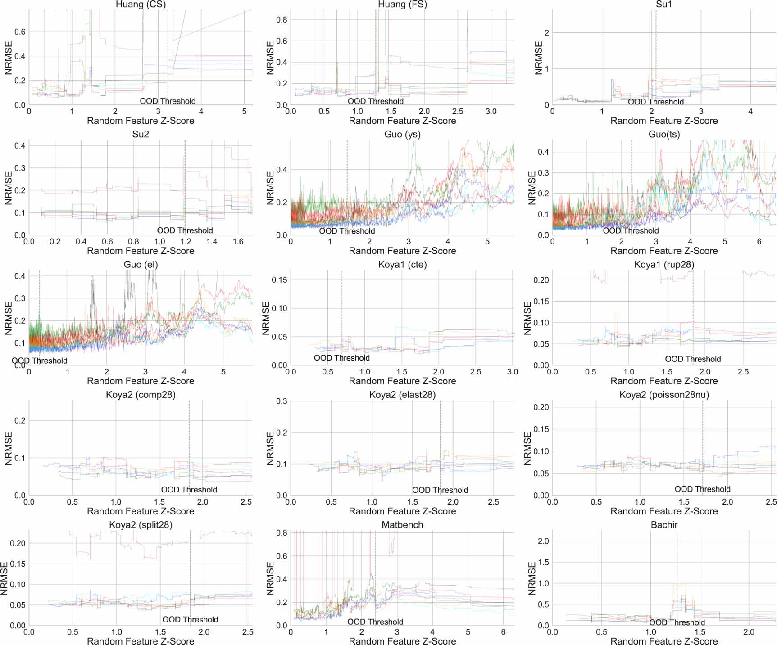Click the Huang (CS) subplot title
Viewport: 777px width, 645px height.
pyautogui.click(x=141, y=5)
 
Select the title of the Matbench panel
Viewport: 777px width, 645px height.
pyautogui.click(x=402, y=525)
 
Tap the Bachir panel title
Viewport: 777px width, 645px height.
pyautogui.click(x=664, y=525)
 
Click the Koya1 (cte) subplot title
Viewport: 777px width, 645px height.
pyautogui.click(x=402, y=265)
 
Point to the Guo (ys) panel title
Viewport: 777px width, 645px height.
pyautogui.click(x=402, y=135)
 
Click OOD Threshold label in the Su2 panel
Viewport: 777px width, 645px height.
pyautogui.click(x=185, y=230)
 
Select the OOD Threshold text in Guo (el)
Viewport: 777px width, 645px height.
pyautogui.click(x=40, y=361)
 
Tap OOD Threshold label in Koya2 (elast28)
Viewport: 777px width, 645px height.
pyautogui.click(x=440, y=490)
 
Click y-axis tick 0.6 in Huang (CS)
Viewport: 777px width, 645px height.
pyautogui.click(x=20, y=32)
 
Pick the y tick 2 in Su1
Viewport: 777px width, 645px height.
pyautogui.click(x=546, y=33)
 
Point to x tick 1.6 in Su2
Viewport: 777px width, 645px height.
pyautogui.click(x=238, y=242)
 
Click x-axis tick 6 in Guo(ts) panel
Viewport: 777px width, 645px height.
pyautogui.click(x=759, y=242)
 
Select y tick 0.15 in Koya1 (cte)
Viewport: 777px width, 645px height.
pyautogui.click(x=279, y=280)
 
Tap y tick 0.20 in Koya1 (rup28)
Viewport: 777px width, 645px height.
pyautogui.click(x=541, y=280)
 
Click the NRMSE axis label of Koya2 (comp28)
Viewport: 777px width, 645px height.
pyautogui.click(x=9, y=448)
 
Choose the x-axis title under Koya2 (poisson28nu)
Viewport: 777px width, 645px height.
pyautogui.click(x=664, y=511)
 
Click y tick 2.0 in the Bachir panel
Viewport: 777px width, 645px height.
pyautogui.click(x=543, y=541)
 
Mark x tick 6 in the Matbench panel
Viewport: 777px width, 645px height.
pyautogui.click(x=503, y=632)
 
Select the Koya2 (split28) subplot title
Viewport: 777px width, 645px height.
pyautogui.click(x=141, y=525)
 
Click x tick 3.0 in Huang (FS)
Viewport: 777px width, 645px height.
pyautogui.click(x=491, y=112)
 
